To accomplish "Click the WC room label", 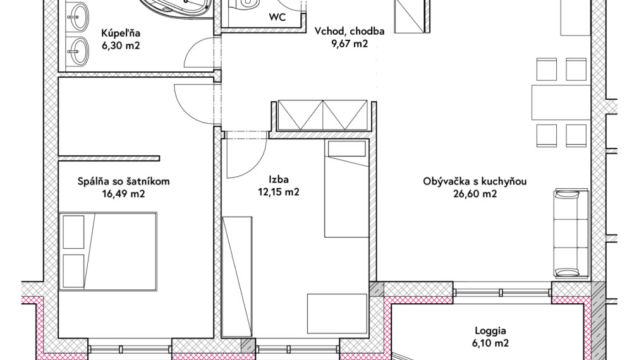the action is pyautogui.click(x=277, y=18).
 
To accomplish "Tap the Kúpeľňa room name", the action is pyautogui.click(x=121, y=33).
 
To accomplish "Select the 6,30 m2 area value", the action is pyautogui.click(x=121, y=45).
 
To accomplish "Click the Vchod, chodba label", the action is pyautogui.click(x=350, y=32).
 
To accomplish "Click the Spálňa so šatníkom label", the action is pyautogui.click(x=123, y=182).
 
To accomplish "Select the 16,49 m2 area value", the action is pyautogui.click(x=124, y=194).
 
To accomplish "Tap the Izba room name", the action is pyautogui.click(x=279, y=179).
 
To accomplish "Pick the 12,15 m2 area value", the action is pyautogui.click(x=279, y=191).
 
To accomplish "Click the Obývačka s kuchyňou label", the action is pyautogui.click(x=475, y=182).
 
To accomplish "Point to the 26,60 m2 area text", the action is pyautogui.click(x=475, y=194).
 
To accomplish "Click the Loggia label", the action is pyautogui.click(x=490, y=331).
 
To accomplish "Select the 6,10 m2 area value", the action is pyautogui.click(x=490, y=344).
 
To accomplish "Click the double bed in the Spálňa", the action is pyautogui.click(x=107, y=251).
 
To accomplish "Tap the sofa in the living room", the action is pyautogui.click(x=571, y=233).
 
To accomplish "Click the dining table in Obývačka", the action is pyautogui.click(x=561, y=102).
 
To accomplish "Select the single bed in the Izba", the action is pyautogui.click(x=347, y=188).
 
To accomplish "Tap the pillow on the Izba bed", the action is pyautogui.click(x=347, y=148).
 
